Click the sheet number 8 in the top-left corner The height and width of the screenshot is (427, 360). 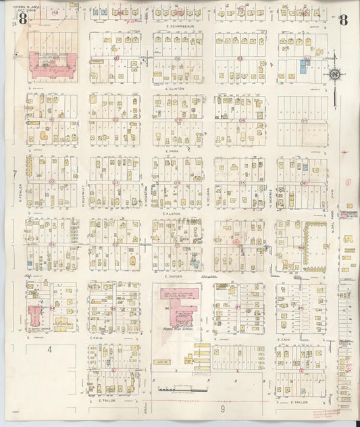click(x=23, y=19)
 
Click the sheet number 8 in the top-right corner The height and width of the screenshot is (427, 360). click(x=344, y=19)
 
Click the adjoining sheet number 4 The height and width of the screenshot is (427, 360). click(x=49, y=349)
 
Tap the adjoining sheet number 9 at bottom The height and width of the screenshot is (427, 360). click(x=222, y=408)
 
